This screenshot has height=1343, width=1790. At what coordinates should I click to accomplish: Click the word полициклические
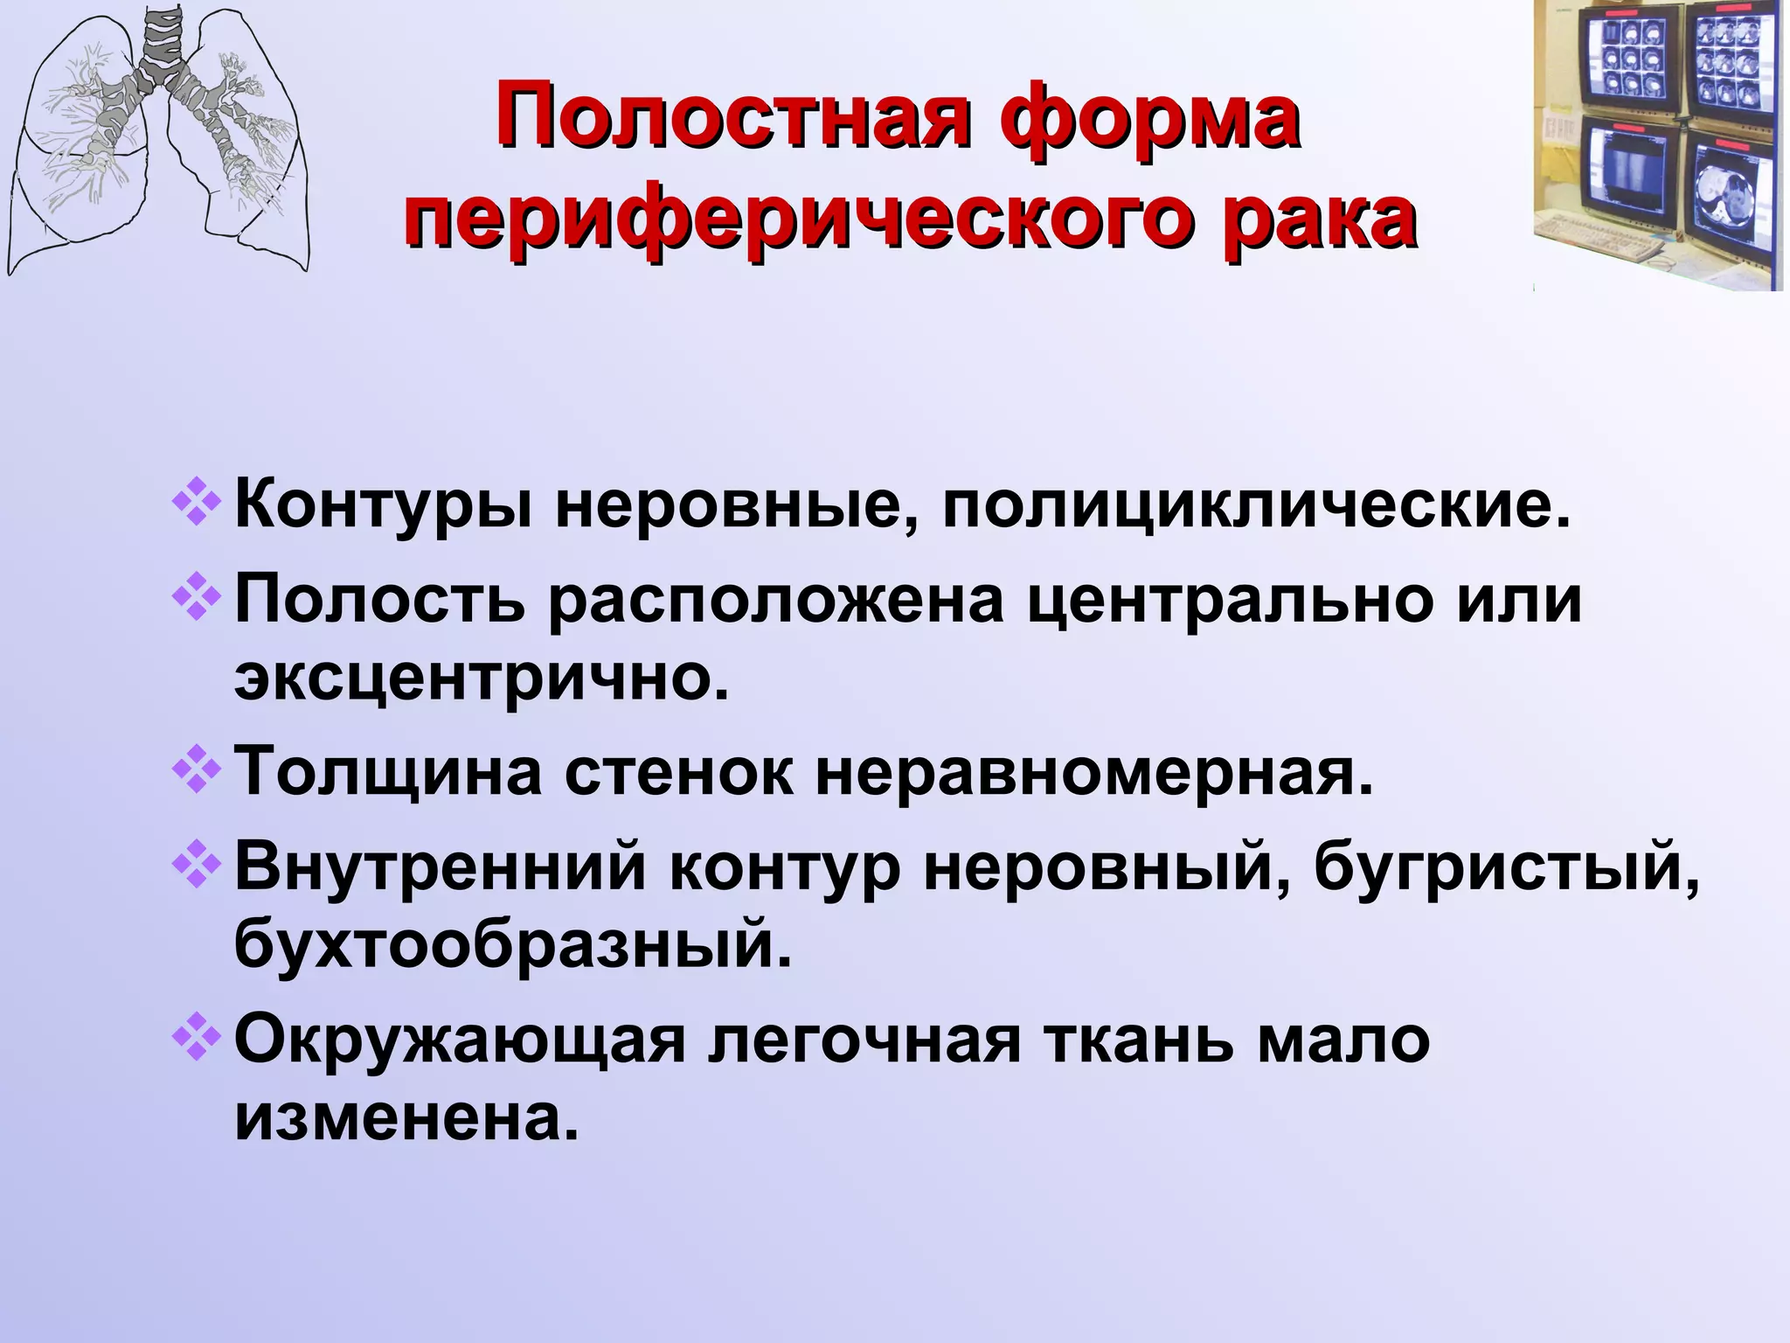tap(1256, 507)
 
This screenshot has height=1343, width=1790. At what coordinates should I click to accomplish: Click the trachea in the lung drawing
tap(161, 44)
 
